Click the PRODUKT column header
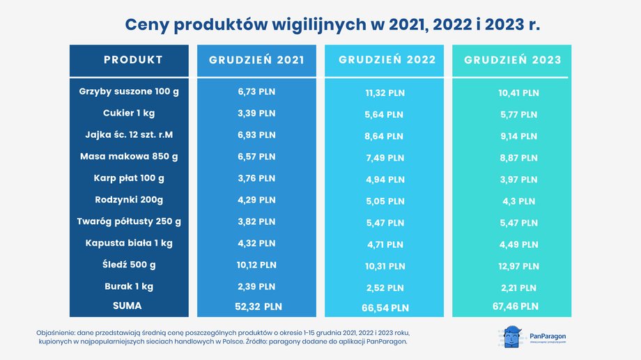(133, 60)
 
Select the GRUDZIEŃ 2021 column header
(256, 60)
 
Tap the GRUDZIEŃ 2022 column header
(387, 60)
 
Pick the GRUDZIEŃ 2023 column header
(512, 60)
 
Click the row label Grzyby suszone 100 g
(129, 91)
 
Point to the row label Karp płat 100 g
(129, 178)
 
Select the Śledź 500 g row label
(129, 265)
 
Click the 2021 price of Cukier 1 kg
(256, 113)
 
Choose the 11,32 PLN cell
(385, 93)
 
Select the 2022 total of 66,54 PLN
(385, 307)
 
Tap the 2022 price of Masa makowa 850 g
(385, 158)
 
